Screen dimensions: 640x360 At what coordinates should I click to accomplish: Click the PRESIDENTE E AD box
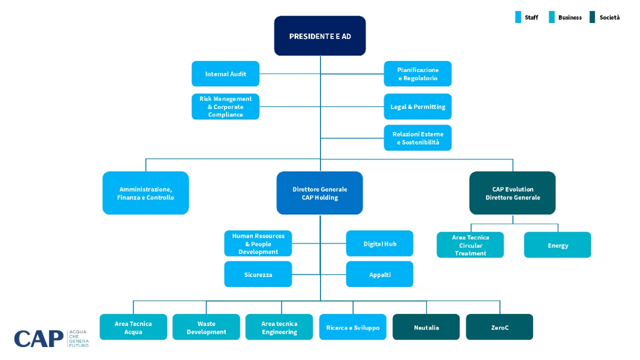[x=319, y=35]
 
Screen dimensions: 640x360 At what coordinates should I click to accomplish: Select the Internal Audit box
[x=225, y=73]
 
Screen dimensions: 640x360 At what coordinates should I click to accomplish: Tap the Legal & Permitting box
[x=417, y=106]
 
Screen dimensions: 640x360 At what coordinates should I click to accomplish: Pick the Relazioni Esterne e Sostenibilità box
[x=417, y=137]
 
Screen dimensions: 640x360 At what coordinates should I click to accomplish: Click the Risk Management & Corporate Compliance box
[x=225, y=106]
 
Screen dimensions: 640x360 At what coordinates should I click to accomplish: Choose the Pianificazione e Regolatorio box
[x=417, y=73]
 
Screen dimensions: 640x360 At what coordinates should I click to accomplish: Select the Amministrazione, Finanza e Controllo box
[x=145, y=193]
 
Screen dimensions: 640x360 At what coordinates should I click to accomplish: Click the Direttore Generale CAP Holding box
[x=319, y=193]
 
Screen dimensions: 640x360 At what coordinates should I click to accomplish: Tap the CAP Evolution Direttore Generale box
[x=512, y=193]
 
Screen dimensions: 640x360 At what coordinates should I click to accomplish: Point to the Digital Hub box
[x=379, y=243]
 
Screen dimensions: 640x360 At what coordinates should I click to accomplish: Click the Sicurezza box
[x=258, y=274]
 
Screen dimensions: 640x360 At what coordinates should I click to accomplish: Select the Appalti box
[x=379, y=274]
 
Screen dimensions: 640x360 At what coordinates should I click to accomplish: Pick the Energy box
[x=557, y=245]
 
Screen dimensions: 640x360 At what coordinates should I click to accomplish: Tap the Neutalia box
[x=426, y=327]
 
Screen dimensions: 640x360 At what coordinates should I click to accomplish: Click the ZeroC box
[x=499, y=327]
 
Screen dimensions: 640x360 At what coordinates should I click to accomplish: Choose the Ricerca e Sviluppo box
[x=352, y=327]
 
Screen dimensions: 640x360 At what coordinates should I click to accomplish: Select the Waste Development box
[x=206, y=327]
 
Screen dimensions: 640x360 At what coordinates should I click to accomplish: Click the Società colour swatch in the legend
[x=592, y=17]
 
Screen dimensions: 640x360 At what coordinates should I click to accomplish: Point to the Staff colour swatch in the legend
[x=518, y=17]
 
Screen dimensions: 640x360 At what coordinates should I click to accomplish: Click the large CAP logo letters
[x=39, y=338]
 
